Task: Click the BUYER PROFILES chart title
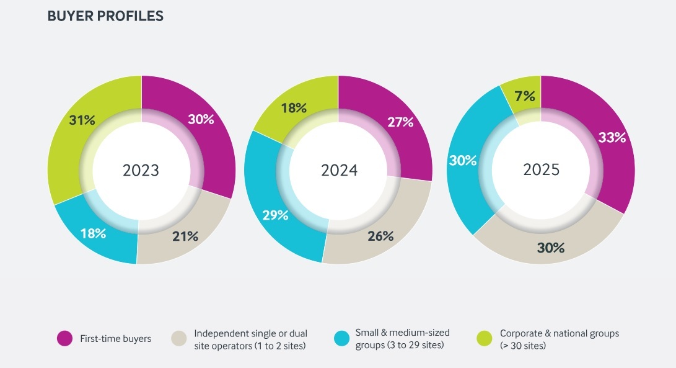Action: click(105, 17)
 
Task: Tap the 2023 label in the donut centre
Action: click(141, 170)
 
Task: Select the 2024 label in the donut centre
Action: click(339, 170)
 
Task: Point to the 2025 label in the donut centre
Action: click(541, 169)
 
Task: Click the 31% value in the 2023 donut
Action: click(82, 120)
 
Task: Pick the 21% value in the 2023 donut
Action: click(185, 236)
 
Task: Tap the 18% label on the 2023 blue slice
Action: click(93, 233)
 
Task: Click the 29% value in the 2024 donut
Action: click(275, 215)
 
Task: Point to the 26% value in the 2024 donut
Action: click(380, 236)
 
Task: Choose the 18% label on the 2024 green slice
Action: click(294, 107)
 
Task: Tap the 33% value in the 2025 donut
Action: click(612, 138)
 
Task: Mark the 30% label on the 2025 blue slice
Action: click(463, 159)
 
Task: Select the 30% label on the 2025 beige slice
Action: click(551, 248)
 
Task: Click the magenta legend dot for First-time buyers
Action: click(65, 338)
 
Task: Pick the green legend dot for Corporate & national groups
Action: click(485, 338)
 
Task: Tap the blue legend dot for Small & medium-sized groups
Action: click(341, 338)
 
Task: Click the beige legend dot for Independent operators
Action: click(179, 338)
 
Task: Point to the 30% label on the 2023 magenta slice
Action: click(200, 120)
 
